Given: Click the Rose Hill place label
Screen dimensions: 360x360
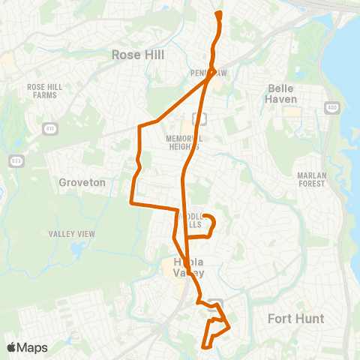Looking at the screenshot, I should pos(137,55).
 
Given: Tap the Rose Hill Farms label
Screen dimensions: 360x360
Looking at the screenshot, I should pos(44,91).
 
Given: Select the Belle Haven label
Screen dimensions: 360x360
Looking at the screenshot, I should pos(283,93).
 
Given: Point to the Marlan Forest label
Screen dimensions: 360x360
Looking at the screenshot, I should pos(307,179).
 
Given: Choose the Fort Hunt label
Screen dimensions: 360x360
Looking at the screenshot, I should pos(295,319).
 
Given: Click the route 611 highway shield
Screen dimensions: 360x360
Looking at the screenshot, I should pos(49,128).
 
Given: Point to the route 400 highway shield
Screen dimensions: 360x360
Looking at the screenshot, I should pos(331,109).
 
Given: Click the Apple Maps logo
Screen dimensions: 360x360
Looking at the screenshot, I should pos(27,347).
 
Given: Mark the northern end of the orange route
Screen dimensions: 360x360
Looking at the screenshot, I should pos(218,13).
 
